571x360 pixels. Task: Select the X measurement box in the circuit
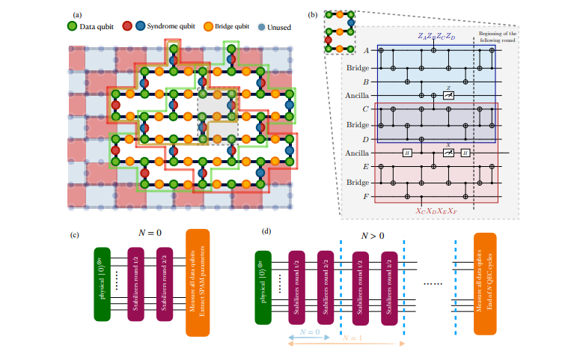tap(447, 152)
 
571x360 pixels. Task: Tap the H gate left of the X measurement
tap(406, 153)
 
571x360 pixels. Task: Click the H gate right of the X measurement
tap(465, 153)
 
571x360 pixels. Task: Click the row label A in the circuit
tap(366, 50)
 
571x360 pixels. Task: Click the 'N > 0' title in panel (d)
tap(373, 235)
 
